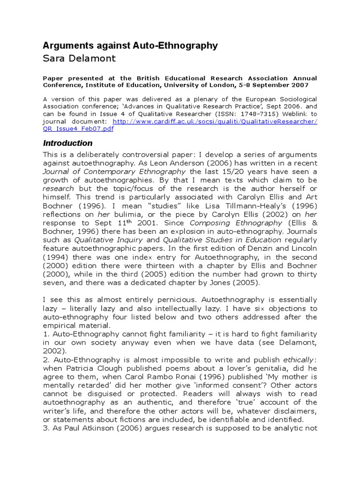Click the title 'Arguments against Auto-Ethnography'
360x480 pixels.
pyautogui.click(x=130, y=45)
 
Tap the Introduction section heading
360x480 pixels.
pyautogui.click(x=67, y=143)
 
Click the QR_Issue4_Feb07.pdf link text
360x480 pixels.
pyautogui.click(x=78, y=129)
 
